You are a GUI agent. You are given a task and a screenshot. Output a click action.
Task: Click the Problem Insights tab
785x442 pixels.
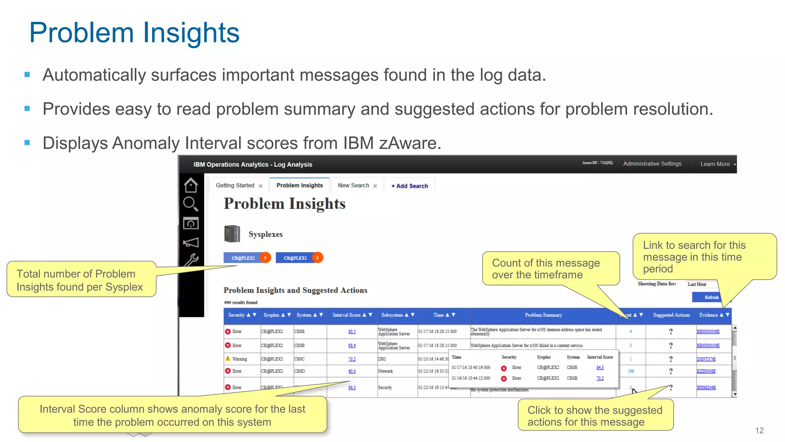(299, 185)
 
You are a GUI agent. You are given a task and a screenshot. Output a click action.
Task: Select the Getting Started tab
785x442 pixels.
(235, 185)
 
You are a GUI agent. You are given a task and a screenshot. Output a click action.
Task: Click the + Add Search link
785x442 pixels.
(409, 186)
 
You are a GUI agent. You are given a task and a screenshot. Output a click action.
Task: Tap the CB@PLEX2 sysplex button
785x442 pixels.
(243, 258)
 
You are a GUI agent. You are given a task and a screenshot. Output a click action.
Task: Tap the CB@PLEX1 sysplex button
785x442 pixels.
(295, 258)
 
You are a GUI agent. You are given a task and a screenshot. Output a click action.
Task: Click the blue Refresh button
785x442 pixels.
(711, 297)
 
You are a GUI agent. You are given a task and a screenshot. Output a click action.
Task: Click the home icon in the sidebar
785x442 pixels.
(191, 185)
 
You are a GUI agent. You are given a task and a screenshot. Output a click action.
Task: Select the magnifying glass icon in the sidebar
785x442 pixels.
(191, 204)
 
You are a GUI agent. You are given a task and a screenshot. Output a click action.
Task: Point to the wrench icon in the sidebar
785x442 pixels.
(191, 260)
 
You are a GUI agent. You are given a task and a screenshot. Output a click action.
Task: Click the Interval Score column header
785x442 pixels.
(347, 315)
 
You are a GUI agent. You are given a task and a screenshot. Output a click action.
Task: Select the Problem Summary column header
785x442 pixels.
(543, 315)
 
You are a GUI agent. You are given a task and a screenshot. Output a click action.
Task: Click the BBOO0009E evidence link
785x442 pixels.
(708, 331)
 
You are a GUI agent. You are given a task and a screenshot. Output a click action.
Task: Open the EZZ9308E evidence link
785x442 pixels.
(706, 371)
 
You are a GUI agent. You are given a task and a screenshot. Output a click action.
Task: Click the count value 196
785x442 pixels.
(631, 371)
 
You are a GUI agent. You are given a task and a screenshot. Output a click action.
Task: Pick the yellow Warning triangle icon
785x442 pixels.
(228, 359)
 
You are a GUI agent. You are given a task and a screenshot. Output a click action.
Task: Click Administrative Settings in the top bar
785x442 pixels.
(652, 164)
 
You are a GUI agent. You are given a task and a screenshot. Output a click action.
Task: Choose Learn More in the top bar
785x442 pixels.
(715, 164)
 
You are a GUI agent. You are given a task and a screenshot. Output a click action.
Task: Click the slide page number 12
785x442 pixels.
(759, 430)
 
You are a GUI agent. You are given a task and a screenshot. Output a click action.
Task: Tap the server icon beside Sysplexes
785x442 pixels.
(232, 234)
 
